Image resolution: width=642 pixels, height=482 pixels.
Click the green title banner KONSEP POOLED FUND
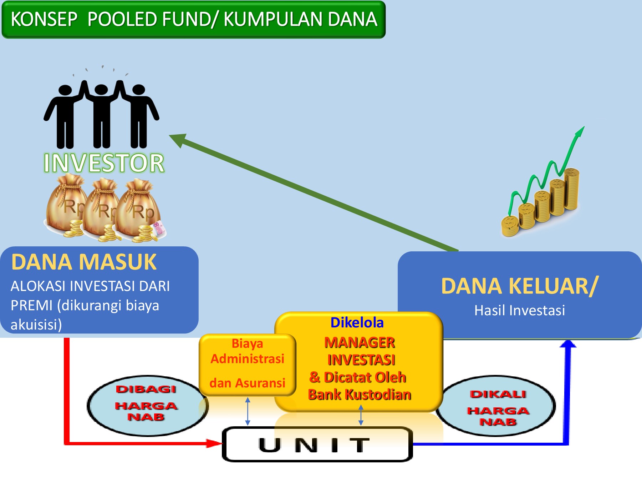[193, 20]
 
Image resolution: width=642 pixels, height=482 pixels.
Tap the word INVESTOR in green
[104, 163]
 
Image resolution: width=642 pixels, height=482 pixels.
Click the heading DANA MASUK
[84, 262]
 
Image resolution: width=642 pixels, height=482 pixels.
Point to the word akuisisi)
[36, 325]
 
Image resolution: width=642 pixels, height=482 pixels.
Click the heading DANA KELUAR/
[519, 286]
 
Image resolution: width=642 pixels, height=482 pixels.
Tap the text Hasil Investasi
[519, 310]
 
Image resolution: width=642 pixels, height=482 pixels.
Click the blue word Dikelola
[357, 322]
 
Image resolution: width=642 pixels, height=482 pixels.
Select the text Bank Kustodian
[360, 395]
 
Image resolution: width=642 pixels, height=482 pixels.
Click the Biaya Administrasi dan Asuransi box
[248, 364]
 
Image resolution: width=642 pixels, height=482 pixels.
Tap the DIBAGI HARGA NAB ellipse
[146, 405]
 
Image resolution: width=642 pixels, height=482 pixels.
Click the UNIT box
[317, 445]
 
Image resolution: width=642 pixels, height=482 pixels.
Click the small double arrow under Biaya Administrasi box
[248, 411]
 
